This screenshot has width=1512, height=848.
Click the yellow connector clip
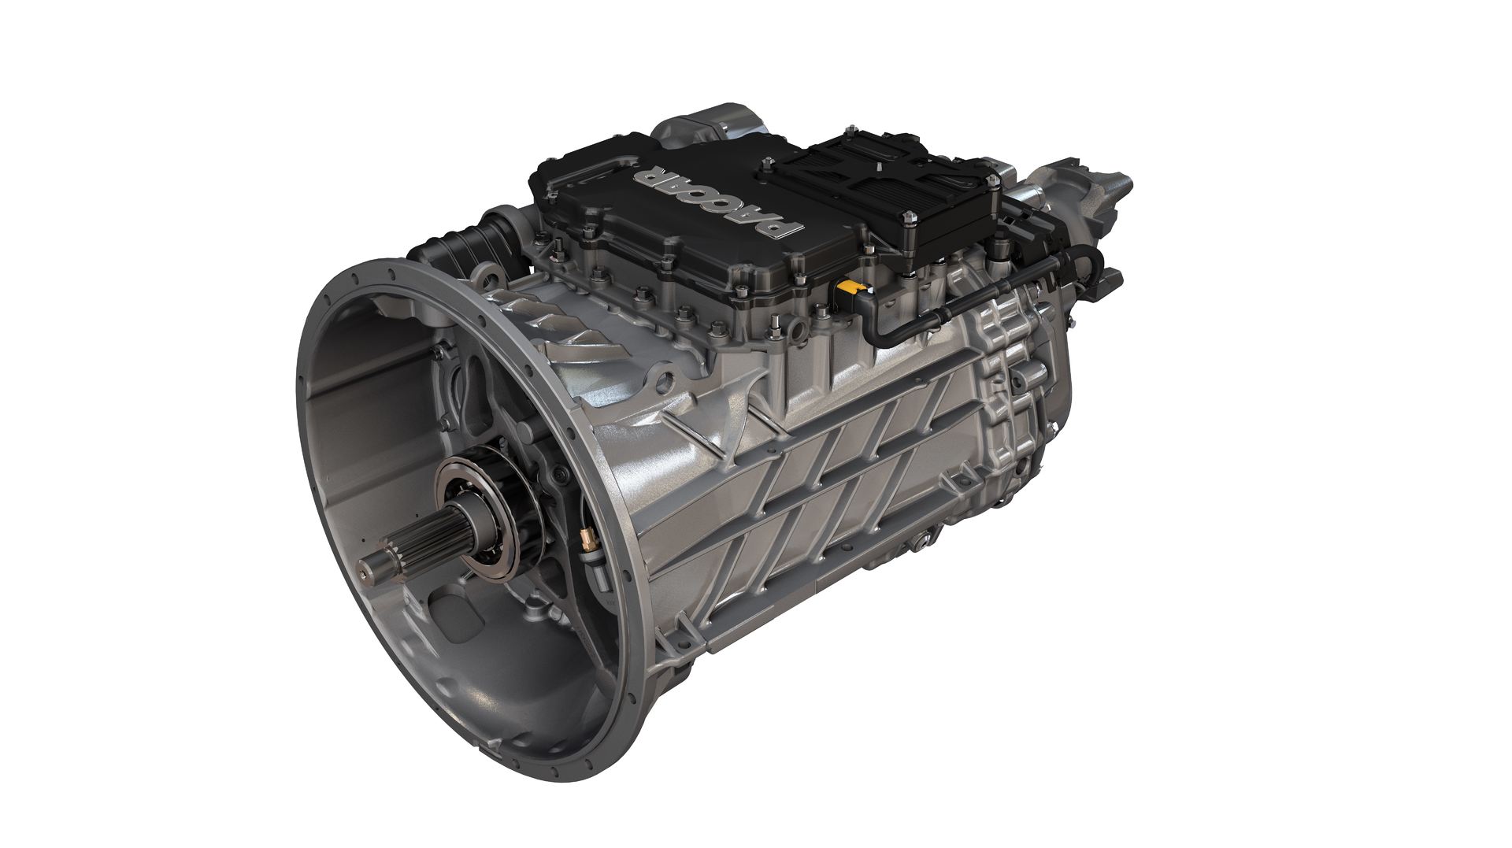(x=851, y=287)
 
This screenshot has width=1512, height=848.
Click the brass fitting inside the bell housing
(x=586, y=539)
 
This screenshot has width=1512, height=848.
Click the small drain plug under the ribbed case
(x=918, y=542)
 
